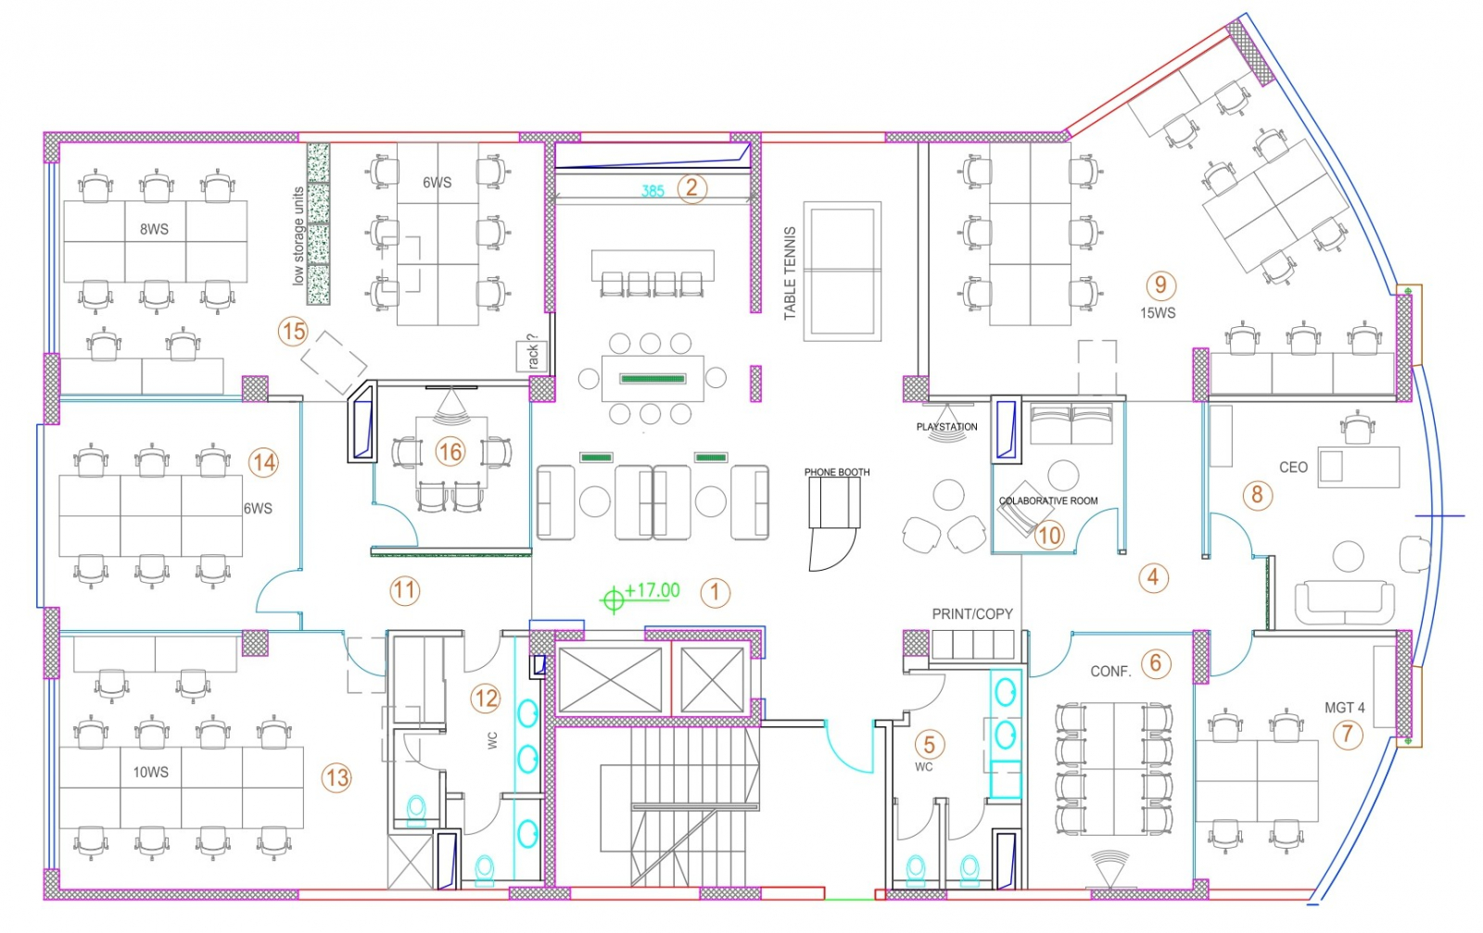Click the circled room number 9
[1160, 285]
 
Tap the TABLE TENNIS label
[790, 273]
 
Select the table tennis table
[843, 270]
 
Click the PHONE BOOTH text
[837, 473]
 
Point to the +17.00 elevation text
[653, 590]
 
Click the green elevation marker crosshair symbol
[613, 600]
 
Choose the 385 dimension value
[653, 191]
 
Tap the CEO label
[1293, 468]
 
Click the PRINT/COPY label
[972, 613]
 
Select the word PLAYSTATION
[946, 427]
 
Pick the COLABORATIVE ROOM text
[1048, 501]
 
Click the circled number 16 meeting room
[450, 452]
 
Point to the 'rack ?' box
[532, 354]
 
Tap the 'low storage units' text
[298, 235]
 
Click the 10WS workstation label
[150, 772]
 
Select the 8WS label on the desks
[154, 229]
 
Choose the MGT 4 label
[1344, 708]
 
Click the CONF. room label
[1110, 672]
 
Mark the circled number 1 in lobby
[715, 593]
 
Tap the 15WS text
[1158, 313]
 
